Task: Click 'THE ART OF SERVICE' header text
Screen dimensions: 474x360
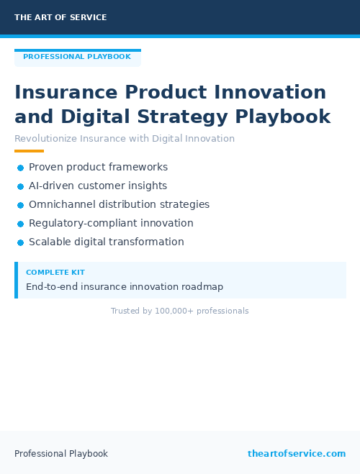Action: pyautogui.click(x=60, y=17)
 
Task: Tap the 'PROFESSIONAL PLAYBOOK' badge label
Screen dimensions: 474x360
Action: pyautogui.click(x=77, y=57)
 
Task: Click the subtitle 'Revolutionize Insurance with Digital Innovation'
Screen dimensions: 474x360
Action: pyautogui.click(x=125, y=138)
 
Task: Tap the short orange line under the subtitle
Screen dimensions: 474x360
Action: pyautogui.click(x=29, y=151)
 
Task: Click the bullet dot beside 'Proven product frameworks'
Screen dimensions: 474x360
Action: pyautogui.click(x=21, y=168)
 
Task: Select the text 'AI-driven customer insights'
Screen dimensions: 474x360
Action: pyautogui.click(x=98, y=186)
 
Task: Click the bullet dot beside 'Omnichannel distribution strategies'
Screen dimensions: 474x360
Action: pyautogui.click(x=21, y=205)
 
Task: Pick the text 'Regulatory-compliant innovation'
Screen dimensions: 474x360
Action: pyautogui.click(x=111, y=223)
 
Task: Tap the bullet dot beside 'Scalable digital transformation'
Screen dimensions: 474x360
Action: pyautogui.click(x=21, y=242)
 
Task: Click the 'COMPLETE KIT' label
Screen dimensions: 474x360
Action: pyautogui.click(x=55, y=273)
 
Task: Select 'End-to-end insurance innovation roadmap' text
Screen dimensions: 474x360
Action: pyautogui.click(x=125, y=286)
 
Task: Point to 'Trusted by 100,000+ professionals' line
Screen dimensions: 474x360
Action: pyautogui.click(x=179, y=311)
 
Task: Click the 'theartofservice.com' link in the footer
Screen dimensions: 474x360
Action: pyautogui.click(x=297, y=453)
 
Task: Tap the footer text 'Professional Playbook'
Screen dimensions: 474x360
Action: pyautogui.click(x=61, y=453)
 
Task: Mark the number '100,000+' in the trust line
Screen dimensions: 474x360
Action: pyautogui.click(x=174, y=311)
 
